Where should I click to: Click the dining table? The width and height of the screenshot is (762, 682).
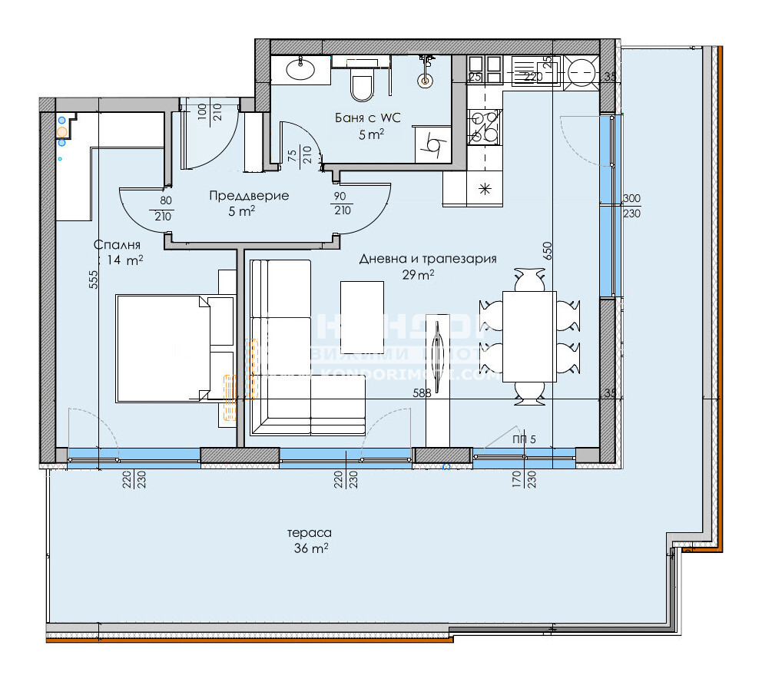528,336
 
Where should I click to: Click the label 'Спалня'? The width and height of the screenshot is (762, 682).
117,245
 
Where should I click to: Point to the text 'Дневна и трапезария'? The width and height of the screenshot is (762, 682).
428,259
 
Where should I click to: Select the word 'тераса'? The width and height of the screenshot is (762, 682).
310,532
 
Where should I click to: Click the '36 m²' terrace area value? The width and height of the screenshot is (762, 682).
310,548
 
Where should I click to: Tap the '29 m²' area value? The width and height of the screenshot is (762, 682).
419,274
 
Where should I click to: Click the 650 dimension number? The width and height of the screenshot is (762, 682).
548,253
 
